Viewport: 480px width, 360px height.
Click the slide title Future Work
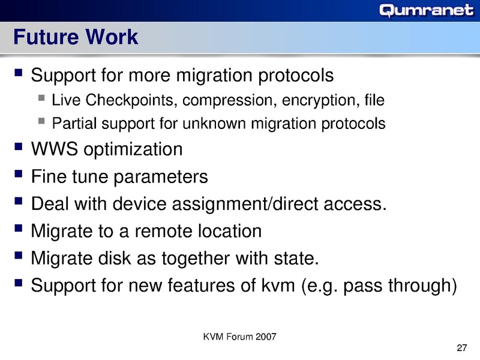click(76, 38)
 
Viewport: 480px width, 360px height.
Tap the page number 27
click(461, 349)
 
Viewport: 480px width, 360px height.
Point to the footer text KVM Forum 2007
click(240, 336)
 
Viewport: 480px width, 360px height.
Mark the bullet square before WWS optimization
click(19, 148)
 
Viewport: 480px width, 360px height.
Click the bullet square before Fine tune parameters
click(19, 175)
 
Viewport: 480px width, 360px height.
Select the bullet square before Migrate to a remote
click(19, 230)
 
